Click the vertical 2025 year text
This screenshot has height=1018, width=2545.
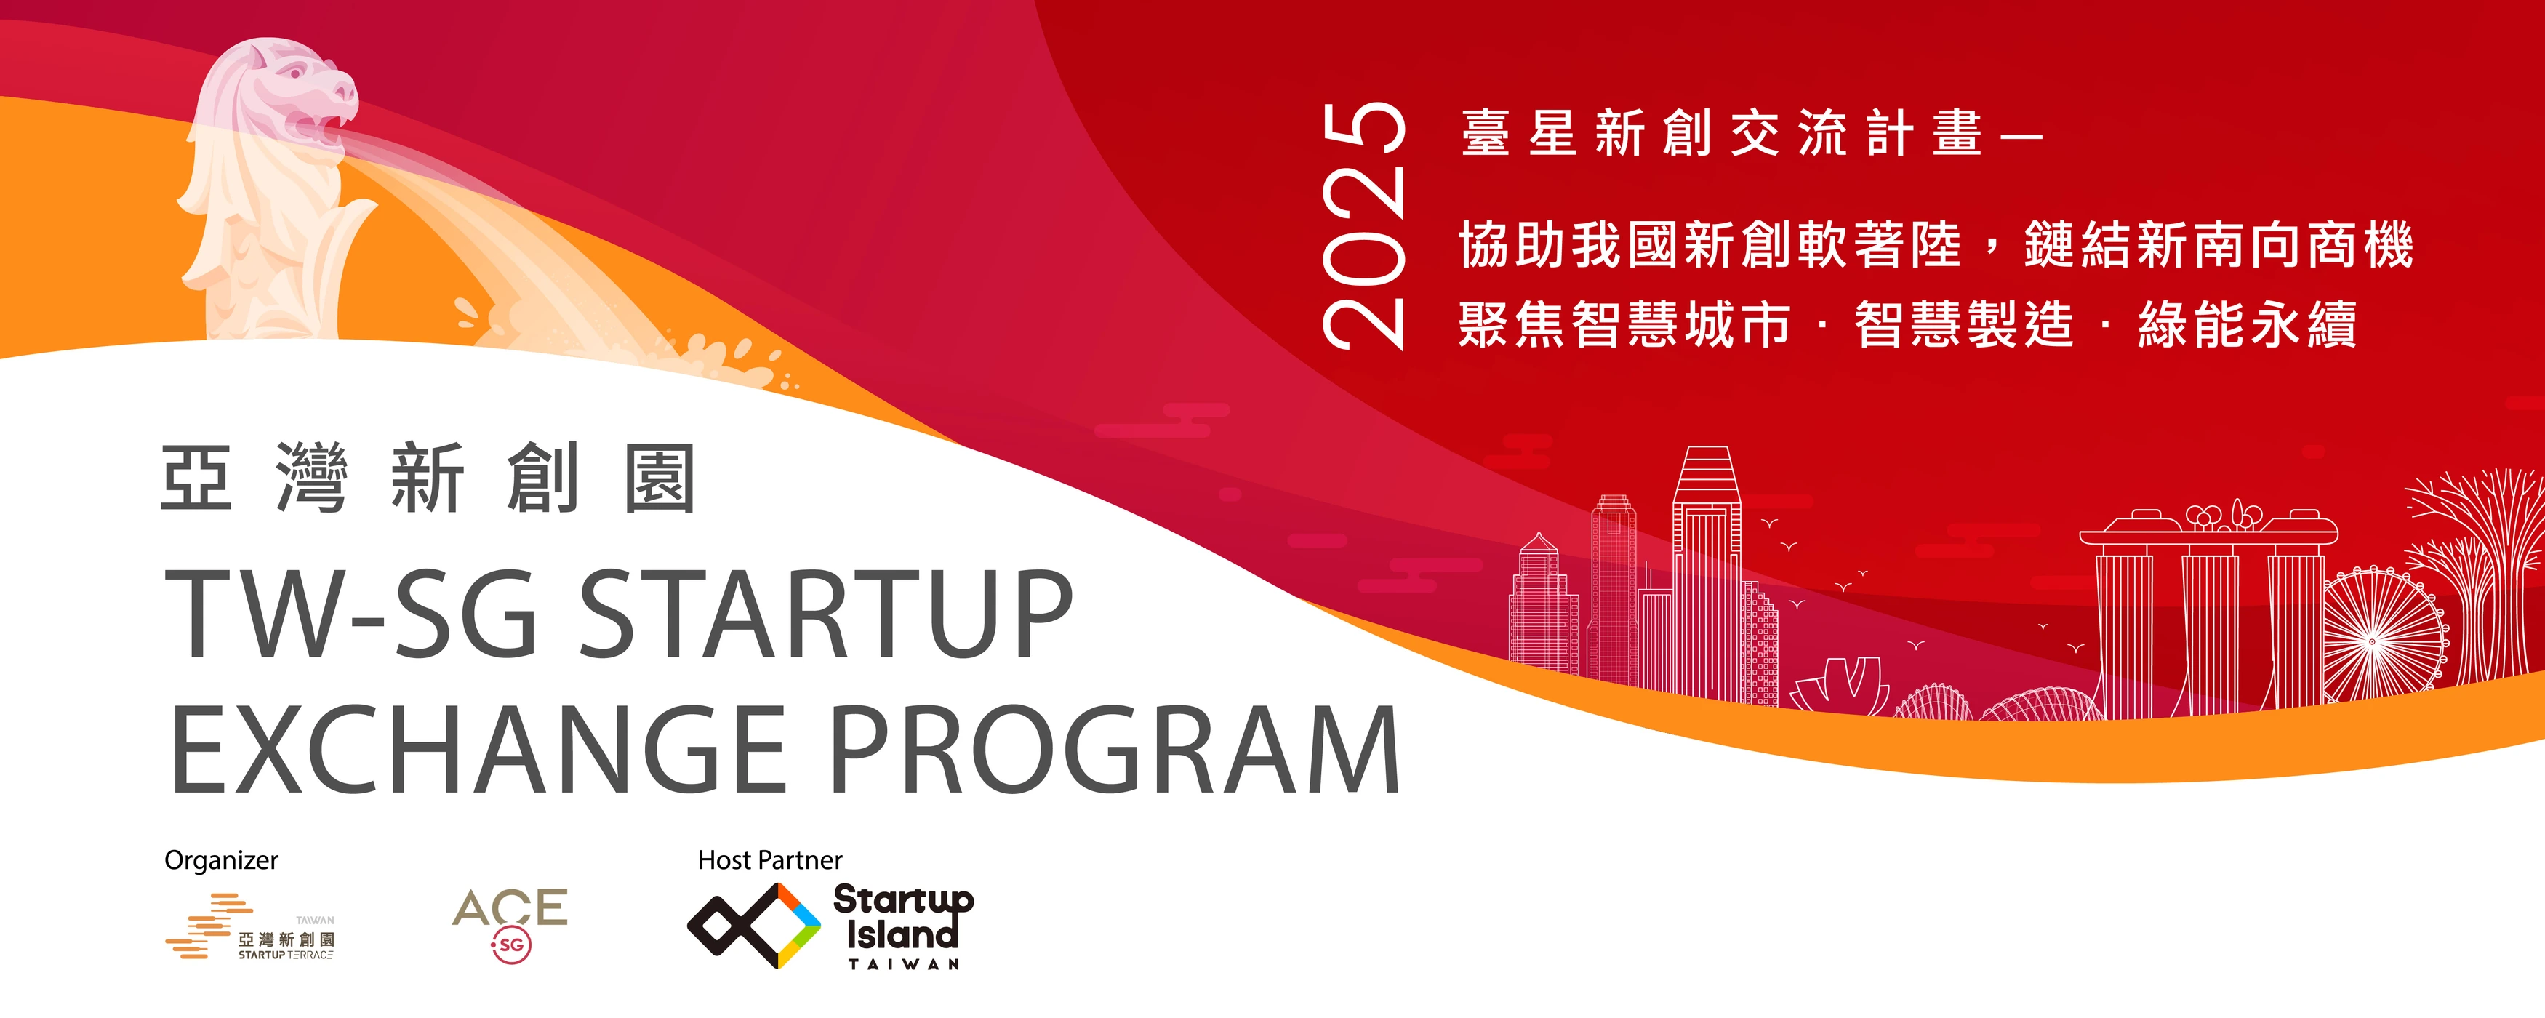(1364, 225)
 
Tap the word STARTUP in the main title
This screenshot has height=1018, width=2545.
(825, 614)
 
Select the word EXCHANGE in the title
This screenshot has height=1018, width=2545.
(478, 749)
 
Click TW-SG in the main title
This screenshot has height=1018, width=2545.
(350, 614)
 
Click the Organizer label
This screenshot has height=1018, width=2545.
(221, 861)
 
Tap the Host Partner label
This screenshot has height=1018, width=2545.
(769, 861)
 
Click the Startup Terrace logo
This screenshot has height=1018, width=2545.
(250, 927)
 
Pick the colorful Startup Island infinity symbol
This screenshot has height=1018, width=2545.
(754, 926)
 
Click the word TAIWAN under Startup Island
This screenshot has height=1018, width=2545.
(904, 963)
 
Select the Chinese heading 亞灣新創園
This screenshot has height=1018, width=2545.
(428, 478)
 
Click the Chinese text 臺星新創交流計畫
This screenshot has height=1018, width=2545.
(1723, 133)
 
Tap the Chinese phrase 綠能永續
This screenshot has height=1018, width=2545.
(2248, 324)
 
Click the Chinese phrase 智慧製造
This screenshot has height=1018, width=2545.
(1964, 324)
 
